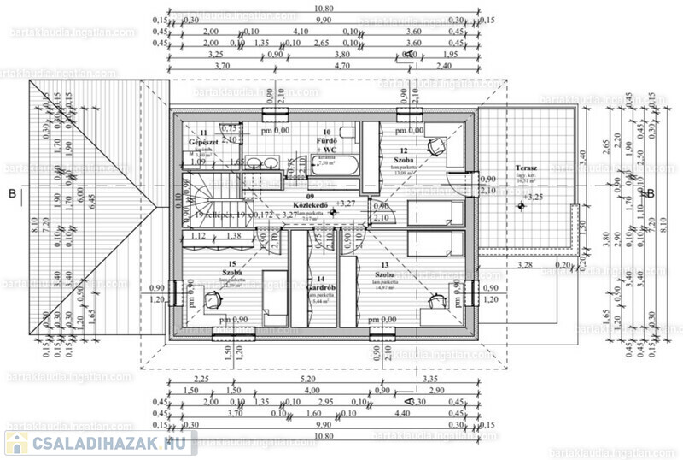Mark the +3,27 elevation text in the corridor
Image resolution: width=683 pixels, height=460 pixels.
click(346, 203)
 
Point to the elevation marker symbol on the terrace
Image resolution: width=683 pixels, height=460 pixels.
click(520, 206)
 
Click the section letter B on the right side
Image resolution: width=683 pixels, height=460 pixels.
click(651, 193)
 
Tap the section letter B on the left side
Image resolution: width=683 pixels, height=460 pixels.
click(12, 193)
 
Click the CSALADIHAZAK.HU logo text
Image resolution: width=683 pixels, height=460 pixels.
click(111, 443)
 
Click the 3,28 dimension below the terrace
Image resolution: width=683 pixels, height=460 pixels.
click(525, 266)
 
